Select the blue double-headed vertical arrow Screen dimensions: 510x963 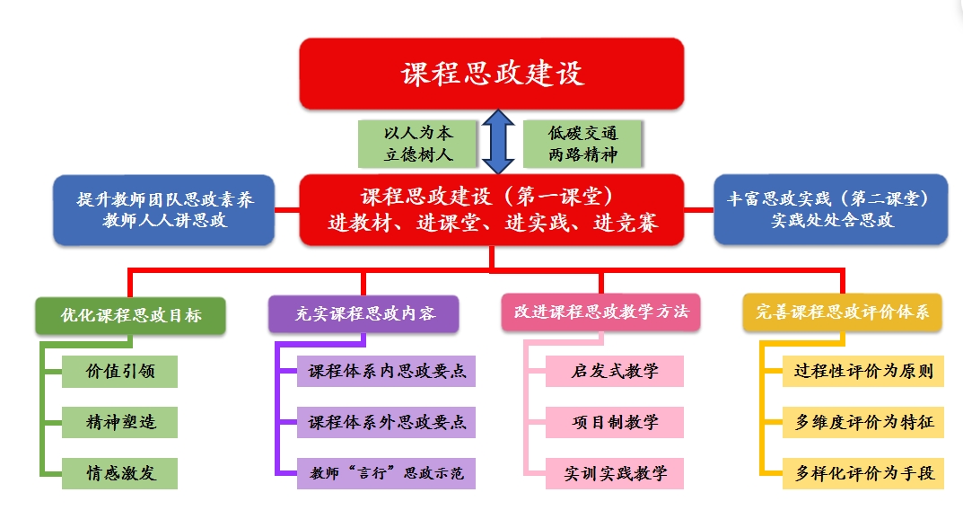[x=497, y=142]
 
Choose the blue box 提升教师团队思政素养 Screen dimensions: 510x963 [x=164, y=209]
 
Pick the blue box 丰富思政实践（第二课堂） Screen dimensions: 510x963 [x=830, y=209]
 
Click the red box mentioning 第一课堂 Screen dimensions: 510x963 [x=492, y=209]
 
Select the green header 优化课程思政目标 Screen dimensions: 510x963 [x=131, y=315]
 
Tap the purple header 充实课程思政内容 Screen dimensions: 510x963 [x=364, y=314]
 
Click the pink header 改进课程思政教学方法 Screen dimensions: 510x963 [x=601, y=312]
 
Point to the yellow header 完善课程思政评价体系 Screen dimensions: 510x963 [x=842, y=312]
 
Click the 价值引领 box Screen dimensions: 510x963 [x=120, y=371]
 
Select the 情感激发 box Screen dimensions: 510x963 [x=120, y=473]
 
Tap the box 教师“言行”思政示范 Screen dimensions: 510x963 [x=386, y=473]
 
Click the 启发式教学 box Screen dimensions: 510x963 [x=615, y=371]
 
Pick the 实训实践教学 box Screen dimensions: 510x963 [x=615, y=473]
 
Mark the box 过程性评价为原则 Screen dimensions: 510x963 [x=863, y=371]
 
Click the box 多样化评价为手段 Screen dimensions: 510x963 [x=863, y=473]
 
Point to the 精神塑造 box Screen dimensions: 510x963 [x=120, y=422]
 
